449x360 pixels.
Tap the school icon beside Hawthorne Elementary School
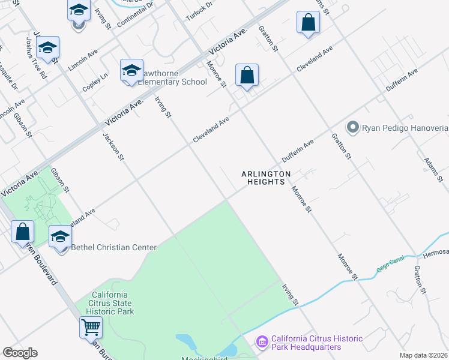click(131, 71)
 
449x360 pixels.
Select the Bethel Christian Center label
click(113, 247)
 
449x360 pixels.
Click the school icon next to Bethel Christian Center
click(60, 236)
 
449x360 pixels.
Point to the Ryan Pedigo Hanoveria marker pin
click(352, 127)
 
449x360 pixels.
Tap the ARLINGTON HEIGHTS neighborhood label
click(266, 178)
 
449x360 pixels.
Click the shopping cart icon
click(91, 328)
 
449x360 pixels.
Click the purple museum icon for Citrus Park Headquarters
click(262, 341)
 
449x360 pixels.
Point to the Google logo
click(20, 352)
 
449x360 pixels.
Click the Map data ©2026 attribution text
click(423, 355)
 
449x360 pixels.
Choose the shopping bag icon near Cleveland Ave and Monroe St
click(247, 76)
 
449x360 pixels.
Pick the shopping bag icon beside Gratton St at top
click(308, 23)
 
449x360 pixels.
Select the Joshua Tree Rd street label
click(35, 59)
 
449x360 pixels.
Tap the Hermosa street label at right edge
click(436, 253)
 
